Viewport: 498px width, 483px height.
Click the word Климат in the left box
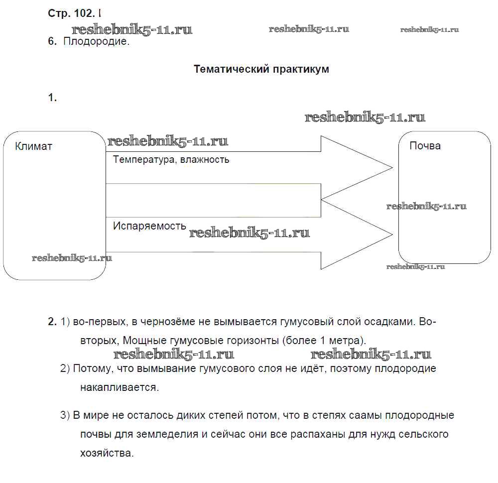(x=33, y=146)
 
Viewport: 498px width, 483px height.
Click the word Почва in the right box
(x=425, y=146)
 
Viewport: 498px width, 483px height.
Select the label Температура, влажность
(x=171, y=160)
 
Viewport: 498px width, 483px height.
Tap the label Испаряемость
(x=149, y=226)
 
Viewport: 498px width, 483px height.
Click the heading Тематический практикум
(x=261, y=69)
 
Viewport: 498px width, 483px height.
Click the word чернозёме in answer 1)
(x=166, y=322)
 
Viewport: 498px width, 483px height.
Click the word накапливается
(x=119, y=387)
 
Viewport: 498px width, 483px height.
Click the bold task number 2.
(x=52, y=322)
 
